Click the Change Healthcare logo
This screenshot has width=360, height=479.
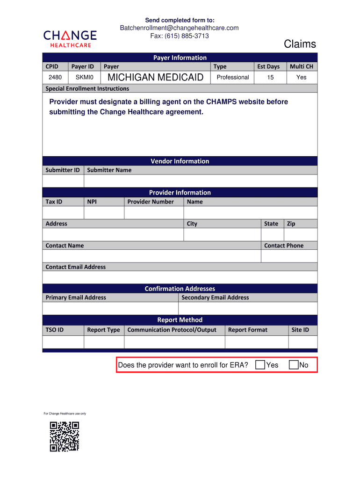pyautogui.click(x=70, y=38)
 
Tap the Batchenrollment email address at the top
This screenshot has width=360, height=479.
pyautogui.click(x=179, y=28)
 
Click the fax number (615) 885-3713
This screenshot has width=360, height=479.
pyautogui.click(x=180, y=36)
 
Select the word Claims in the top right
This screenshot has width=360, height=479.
pyautogui.click(x=300, y=44)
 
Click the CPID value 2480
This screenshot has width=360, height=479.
pyautogui.click(x=55, y=77)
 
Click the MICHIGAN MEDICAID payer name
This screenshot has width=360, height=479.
pyautogui.click(x=155, y=77)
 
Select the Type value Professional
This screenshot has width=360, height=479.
pyautogui.click(x=232, y=77)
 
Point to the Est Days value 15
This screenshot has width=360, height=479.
pyautogui.click(x=270, y=77)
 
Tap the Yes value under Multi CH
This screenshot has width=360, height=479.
pyautogui.click(x=301, y=77)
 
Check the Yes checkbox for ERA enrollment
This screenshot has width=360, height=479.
pyautogui.click(x=260, y=365)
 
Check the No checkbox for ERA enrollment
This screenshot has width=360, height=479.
pyautogui.click(x=294, y=365)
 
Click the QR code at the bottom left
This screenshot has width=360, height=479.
pyautogui.click(x=65, y=436)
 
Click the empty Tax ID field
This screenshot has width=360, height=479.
pyautogui.click(x=63, y=213)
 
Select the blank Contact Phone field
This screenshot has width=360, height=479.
pyautogui.click(x=289, y=256)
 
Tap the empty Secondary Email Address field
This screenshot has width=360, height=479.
pyautogui.click(x=247, y=308)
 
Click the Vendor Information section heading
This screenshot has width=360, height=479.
pyautogui.click(x=180, y=161)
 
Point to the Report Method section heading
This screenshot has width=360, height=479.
pyautogui.click(x=180, y=320)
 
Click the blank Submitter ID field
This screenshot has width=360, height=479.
pyautogui.click(x=63, y=181)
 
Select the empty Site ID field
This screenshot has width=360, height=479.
pyautogui.click(x=302, y=342)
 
